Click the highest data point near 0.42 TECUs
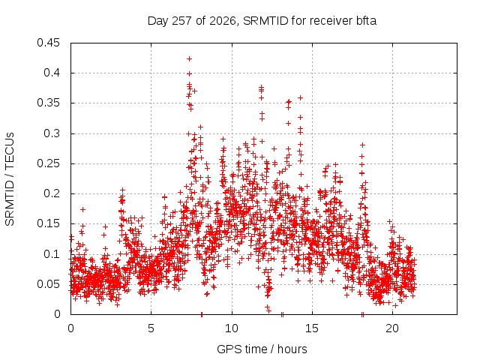[189, 58]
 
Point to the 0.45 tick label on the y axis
[48, 43]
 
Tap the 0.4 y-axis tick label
[52, 73]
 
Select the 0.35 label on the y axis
[48, 103]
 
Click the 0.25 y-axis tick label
[48, 163]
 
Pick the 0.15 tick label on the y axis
[48, 223]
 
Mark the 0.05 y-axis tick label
[48, 284]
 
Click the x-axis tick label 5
[151, 328]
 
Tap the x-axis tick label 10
[232, 328]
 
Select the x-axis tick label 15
[312, 328]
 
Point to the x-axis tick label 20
[392, 328]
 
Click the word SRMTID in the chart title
[265, 21]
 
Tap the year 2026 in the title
[223, 21]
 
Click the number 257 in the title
[182, 21]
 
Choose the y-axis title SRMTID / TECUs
[10, 179]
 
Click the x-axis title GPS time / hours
[262, 349]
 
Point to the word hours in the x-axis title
[292, 349]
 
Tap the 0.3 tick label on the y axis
[52, 133]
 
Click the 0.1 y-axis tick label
[52, 253]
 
